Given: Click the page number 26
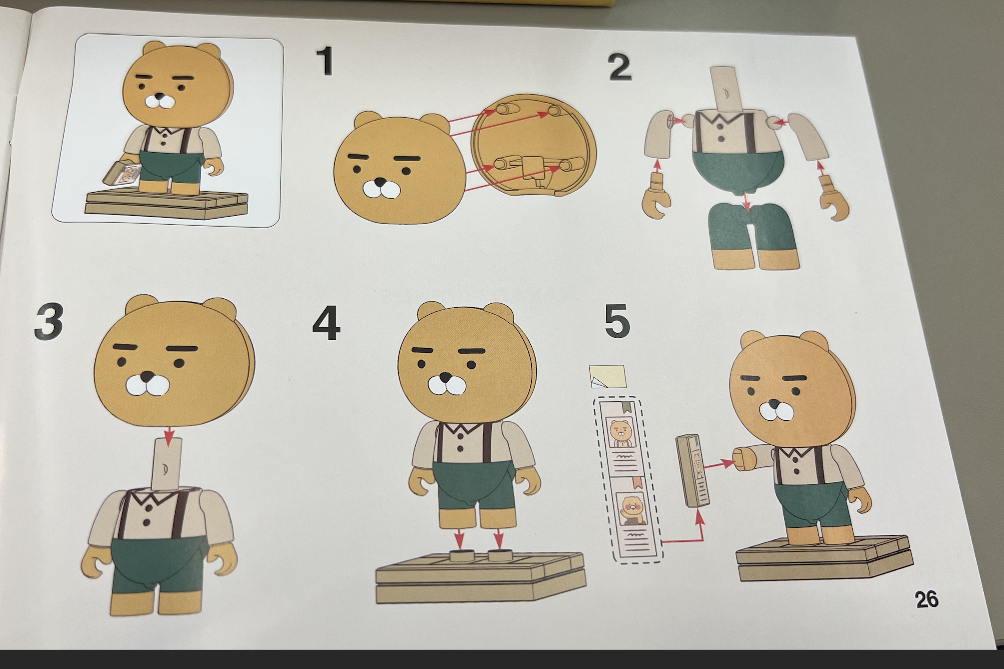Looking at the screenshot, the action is click(926, 599).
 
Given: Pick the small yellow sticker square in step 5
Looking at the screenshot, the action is click(607, 376).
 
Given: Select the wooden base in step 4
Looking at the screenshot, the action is click(479, 577).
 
